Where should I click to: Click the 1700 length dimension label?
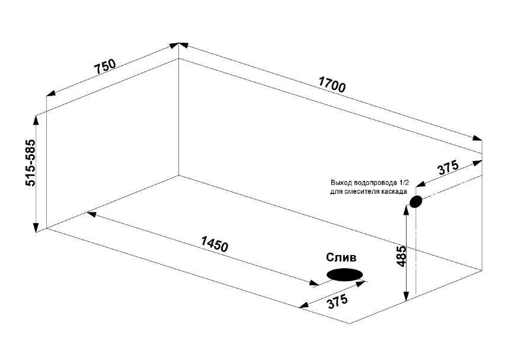[332, 84]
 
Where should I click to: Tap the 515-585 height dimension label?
[30, 163]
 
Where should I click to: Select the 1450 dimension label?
[214, 244]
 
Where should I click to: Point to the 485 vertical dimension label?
[401, 256]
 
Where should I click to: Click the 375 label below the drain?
[337, 301]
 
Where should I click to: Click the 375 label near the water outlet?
[448, 168]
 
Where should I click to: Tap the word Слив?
[341, 257]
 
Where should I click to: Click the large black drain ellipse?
[344, 275]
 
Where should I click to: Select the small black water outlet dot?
[415, 202]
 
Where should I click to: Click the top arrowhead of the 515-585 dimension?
[36, 120]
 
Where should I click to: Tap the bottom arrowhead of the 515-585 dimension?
[36, 227]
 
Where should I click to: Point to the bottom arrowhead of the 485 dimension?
[407, 296]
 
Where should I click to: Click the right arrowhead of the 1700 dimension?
[477, 138]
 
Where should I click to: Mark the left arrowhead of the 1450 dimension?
[92, 214]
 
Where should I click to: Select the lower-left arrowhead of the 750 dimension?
[51, 93]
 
